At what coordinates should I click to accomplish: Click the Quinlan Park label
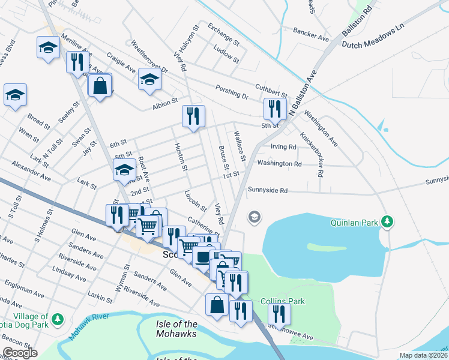354,223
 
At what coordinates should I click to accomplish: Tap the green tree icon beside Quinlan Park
388,222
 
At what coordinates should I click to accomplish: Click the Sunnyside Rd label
268,190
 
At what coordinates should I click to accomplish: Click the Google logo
20,353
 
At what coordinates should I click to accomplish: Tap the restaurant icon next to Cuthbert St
273,109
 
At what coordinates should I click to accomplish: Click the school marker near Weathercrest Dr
149,79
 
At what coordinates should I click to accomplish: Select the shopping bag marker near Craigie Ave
100,85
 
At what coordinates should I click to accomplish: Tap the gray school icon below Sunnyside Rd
255,217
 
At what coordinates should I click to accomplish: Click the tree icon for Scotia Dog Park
58,318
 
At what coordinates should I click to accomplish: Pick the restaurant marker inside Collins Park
279,313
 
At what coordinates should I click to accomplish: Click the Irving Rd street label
283,146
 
